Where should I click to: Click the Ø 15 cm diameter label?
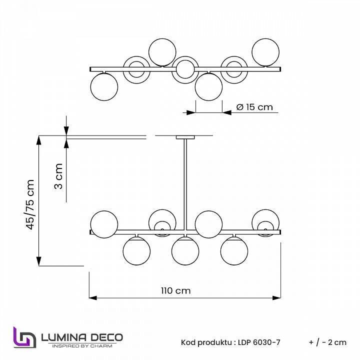254,107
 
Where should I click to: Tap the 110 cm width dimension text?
175,290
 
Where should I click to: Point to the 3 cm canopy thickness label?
58,176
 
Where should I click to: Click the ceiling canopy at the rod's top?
185,136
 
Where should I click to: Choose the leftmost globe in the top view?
104,86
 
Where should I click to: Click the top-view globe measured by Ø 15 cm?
208,86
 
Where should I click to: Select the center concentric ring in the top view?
185,68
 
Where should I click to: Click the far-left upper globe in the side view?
104,221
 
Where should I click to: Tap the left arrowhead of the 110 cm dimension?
91,298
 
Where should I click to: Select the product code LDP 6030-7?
258,342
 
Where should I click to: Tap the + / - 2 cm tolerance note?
327,342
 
